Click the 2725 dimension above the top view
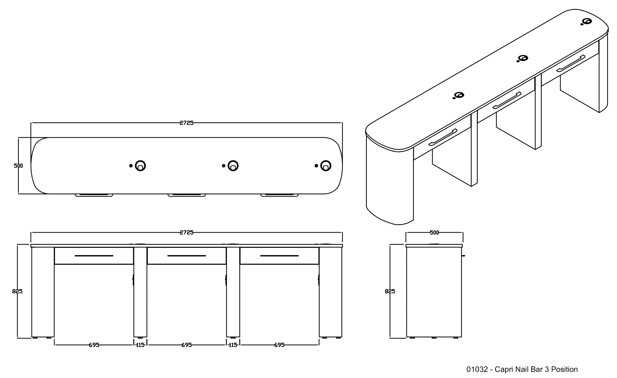(x=187, y=123)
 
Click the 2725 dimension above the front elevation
(x=187, y=232)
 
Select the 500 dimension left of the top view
(x=18, y=166)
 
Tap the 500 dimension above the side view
(x=435, y=233)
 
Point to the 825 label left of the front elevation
(x=17, y=291)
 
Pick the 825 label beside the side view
(x=390, y=291)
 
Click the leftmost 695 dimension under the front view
(x=94, y=345)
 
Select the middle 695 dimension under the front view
(x=187, y=345)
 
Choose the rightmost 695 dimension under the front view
(x=279, y=345)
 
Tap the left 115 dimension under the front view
(x=140, y=345)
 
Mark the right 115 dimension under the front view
(x=233, y=345)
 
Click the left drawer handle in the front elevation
(x=94, y=256)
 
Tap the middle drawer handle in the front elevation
(x=187, y=256)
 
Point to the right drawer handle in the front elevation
(x=279, y=256)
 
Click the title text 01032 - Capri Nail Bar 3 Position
(x=522, y=369)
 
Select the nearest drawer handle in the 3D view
(x=443, y=137)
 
